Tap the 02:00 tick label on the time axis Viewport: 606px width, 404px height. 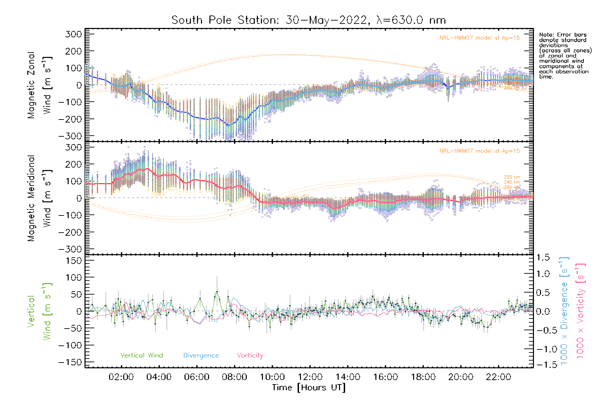tap(121, 377)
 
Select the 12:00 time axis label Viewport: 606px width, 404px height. tap(310, 377)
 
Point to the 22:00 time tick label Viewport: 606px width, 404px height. tap(499, 377)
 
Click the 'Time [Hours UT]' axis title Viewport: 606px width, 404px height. tap(309, 388)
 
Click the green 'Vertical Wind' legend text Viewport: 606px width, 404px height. tap(141, 355)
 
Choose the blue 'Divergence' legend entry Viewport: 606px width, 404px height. tap(201, 355)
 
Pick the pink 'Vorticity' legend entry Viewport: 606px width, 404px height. tap(250, 355)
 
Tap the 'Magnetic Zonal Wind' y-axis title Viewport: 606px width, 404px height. tap(39, 85)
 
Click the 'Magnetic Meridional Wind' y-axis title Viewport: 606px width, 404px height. tap(39, 198)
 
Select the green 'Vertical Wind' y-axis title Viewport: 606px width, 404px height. tap(39, 311)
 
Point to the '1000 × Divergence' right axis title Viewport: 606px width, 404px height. tap(564, 310)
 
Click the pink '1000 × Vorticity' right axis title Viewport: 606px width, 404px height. tap(580, 310)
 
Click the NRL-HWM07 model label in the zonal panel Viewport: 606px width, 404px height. tap(479, 38)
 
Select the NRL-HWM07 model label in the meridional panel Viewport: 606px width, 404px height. tap(479, 151)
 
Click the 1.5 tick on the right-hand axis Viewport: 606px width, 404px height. tap(543, 258)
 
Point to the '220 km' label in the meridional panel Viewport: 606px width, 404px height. tap(512, 177)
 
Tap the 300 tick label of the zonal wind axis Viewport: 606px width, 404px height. tap(73, 34)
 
